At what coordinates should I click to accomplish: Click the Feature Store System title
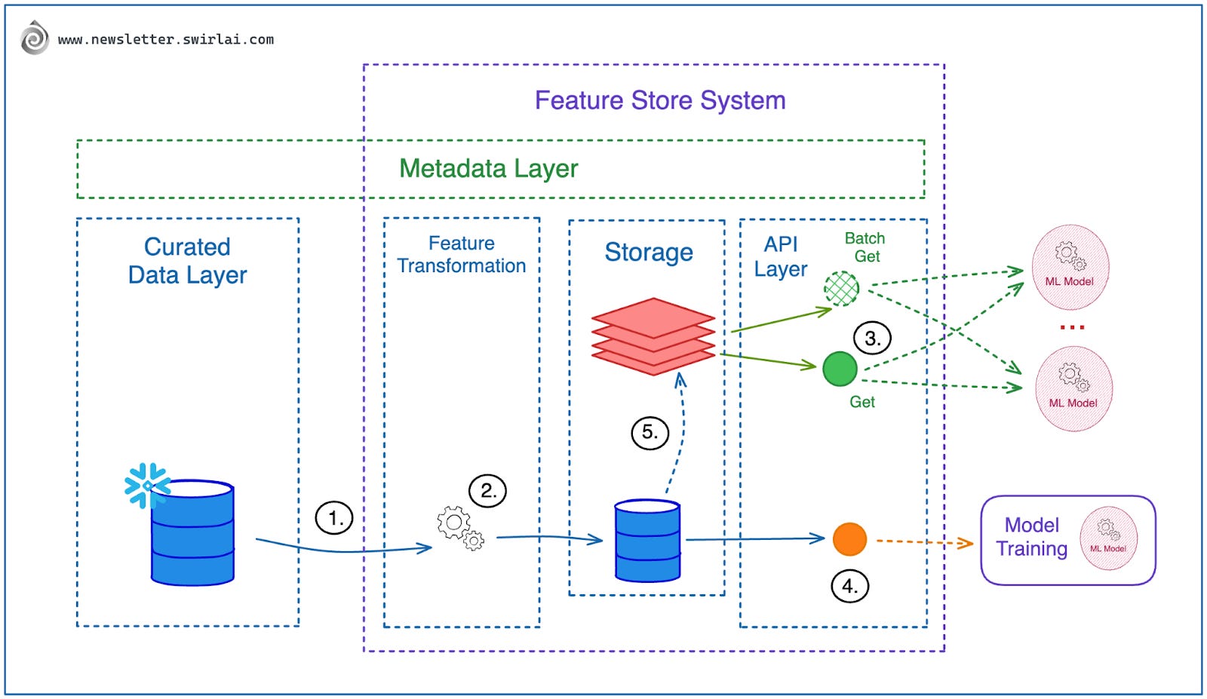pyautogui.click(x=660, y=100)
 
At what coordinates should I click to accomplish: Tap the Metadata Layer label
pyautogui.click(x=488, y=168)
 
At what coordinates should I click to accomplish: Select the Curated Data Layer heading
pyautogui.click(x=187, y=261)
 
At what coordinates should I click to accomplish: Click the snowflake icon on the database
pyautogui.click(x=146, y=485)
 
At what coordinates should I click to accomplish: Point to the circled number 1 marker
pyautogui.click(x=333, y=518)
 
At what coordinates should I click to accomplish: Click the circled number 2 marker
pyautogui.click(x=487, y=491)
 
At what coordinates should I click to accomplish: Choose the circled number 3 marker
pyautogui.click(x=872, y=338)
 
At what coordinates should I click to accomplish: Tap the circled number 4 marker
pyautogui.click(x=849, y=586)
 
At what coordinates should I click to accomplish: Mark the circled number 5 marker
pyautogui.click(x=650, y=433)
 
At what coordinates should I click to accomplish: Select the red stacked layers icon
pyautogui.click(x=653, y=336)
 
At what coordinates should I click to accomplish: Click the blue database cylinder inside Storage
pyautogui.click(x=647, y=541)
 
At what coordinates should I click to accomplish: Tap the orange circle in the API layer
pyautogui.click(x=849, y=539)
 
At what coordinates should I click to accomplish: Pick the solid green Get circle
pyautogui.click(x=840, y=369)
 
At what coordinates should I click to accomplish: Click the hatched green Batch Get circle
pyautogui.click(x=841, y=287)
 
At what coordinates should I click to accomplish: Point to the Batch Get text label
pyautogui.click(x=865, y=247)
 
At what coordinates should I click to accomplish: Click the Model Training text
pyautogui.click(x=1031, y=537)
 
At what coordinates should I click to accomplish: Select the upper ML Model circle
pyautogui.click(x=1070, y=267)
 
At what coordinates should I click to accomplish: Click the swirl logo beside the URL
pyautogui.click(x=34, y=38)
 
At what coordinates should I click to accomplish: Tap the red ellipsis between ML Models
pyautogui.click(x=1072, y=327)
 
